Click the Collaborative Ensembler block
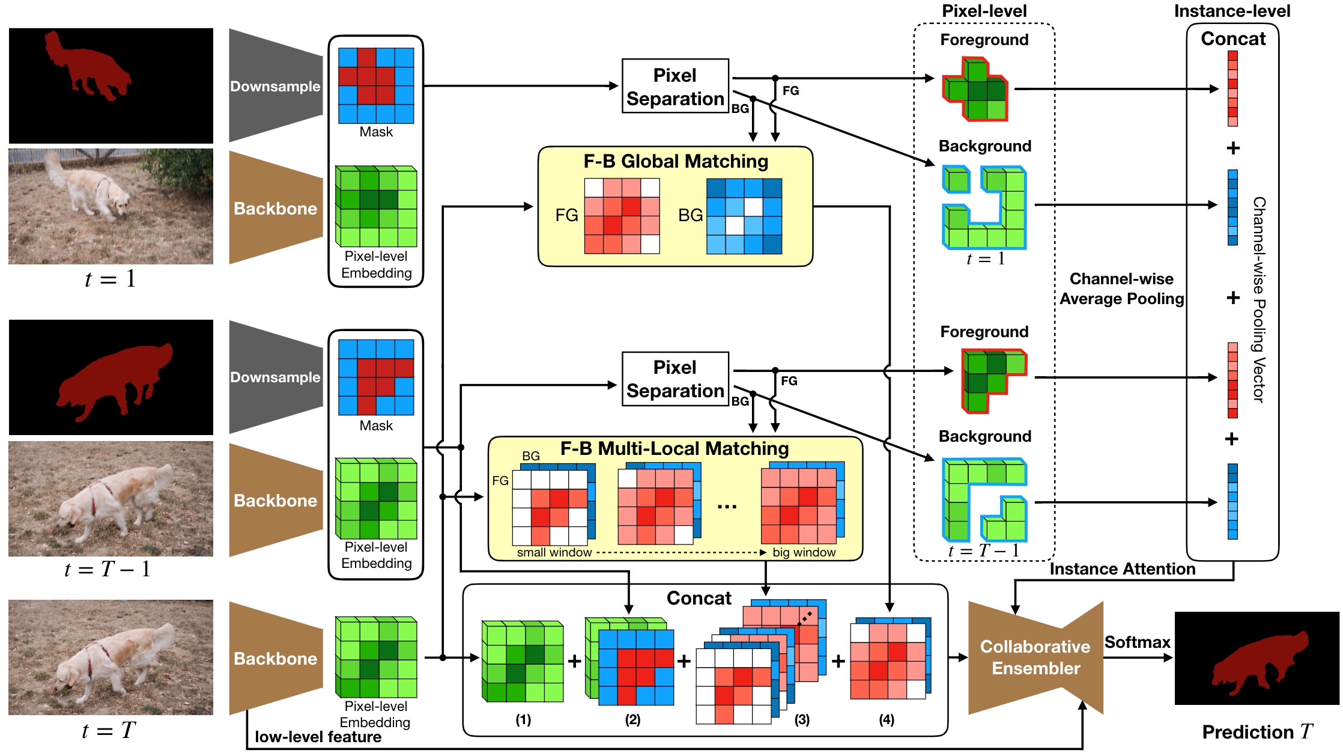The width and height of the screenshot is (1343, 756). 1035,657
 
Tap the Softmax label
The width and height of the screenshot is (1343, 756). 1137,642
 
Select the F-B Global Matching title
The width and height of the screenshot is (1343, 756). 676,161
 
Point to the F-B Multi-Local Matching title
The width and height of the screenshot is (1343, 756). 675,448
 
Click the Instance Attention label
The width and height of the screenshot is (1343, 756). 1122,569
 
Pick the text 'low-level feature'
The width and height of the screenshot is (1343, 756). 318,737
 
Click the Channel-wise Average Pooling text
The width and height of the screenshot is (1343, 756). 1121,289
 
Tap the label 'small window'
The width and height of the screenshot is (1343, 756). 554,552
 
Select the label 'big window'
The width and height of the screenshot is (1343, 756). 804,552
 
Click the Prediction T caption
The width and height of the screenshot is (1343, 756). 1257,732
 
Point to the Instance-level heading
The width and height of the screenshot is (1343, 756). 1232,11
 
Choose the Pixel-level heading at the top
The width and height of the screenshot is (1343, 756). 984,11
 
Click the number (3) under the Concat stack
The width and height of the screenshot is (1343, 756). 802,719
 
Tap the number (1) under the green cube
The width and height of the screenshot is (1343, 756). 523,719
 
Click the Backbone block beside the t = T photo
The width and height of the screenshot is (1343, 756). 275,659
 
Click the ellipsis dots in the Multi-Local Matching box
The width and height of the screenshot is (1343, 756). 727,507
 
